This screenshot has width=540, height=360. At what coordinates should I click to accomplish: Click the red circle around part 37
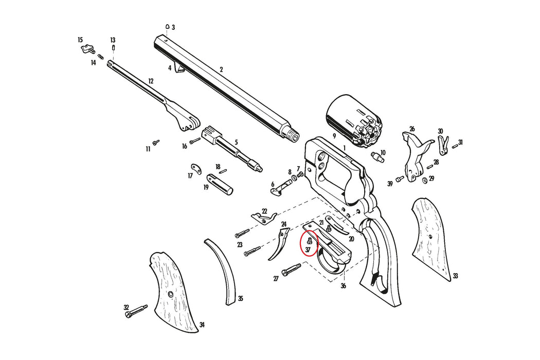(308, 244)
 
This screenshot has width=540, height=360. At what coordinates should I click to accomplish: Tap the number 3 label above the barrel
(173, 27)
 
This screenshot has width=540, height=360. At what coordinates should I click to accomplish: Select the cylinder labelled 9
(353, 120)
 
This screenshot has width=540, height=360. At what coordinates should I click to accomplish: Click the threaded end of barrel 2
(292, 134)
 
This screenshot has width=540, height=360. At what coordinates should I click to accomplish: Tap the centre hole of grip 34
(171, 294)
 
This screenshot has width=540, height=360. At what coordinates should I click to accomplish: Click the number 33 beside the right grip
(455, 276)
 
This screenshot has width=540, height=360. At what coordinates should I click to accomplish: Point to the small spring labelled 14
(100, 57)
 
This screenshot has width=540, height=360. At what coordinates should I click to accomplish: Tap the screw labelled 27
(292, 269)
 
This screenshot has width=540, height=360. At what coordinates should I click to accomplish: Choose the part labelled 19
(220, 184)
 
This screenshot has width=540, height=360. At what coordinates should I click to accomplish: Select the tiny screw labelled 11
(156, 141)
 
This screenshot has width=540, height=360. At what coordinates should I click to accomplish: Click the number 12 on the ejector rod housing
(151, 81)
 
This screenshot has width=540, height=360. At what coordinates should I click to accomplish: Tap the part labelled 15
(87, 48)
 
